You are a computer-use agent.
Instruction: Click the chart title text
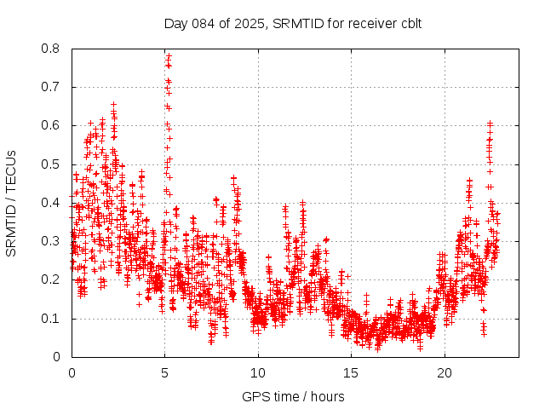click(x=293, y=23)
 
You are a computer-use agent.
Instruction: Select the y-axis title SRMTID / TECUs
click(x=11, y=203)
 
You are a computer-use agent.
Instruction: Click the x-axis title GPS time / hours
click(x=293, y=396)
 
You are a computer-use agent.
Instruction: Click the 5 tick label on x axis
click(x=165, y=373)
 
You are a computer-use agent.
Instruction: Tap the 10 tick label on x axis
click(x=258, y=373)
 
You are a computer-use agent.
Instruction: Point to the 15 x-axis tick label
click(x=351, y=373)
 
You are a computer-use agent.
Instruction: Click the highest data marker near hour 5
click(x=169, y=55)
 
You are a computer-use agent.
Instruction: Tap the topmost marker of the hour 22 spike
click(x=490, y=123)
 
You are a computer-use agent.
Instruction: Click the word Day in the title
click(x=175, y=23)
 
